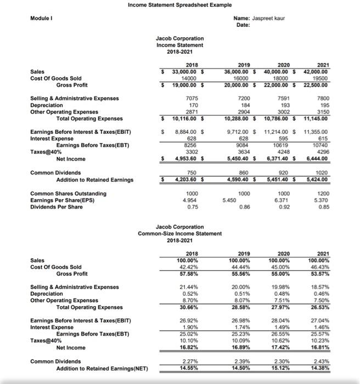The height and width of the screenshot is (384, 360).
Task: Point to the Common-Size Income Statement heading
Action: (179, 234)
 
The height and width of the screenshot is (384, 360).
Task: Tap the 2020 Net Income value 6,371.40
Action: (278, 159)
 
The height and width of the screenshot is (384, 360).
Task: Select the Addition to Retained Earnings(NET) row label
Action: (102, 369)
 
